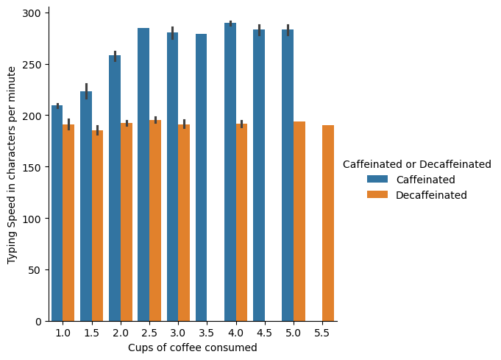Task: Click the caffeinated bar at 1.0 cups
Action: [57, 213]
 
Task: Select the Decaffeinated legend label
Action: [431, 195]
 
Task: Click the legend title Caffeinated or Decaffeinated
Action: [417, 164]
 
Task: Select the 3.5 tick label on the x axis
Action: [207, 333]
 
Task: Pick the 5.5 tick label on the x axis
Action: [322, 333]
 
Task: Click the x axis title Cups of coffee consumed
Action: [193, 347]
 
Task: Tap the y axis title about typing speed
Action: [13, 165]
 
